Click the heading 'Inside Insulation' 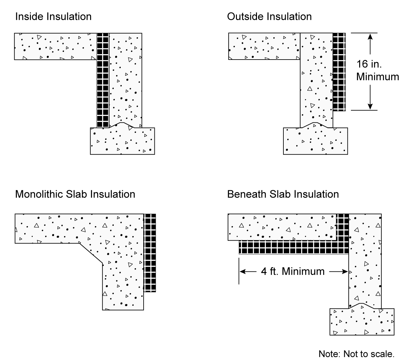[x=53, y=17]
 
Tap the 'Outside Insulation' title [x=269, y=17]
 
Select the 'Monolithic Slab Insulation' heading [x=75, y=194]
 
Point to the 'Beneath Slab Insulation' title [x=283, y=194]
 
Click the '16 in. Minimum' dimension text [x=377, y=70]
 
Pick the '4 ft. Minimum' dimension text [x=293, y=271]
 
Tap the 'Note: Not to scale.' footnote [x=357, y=354]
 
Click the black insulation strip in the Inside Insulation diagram [x=103, y=80]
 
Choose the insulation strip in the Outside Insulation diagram [x=339, y=72]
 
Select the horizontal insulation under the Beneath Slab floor [x=293, y=248]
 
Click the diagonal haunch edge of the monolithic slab [x=91, y=254]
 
